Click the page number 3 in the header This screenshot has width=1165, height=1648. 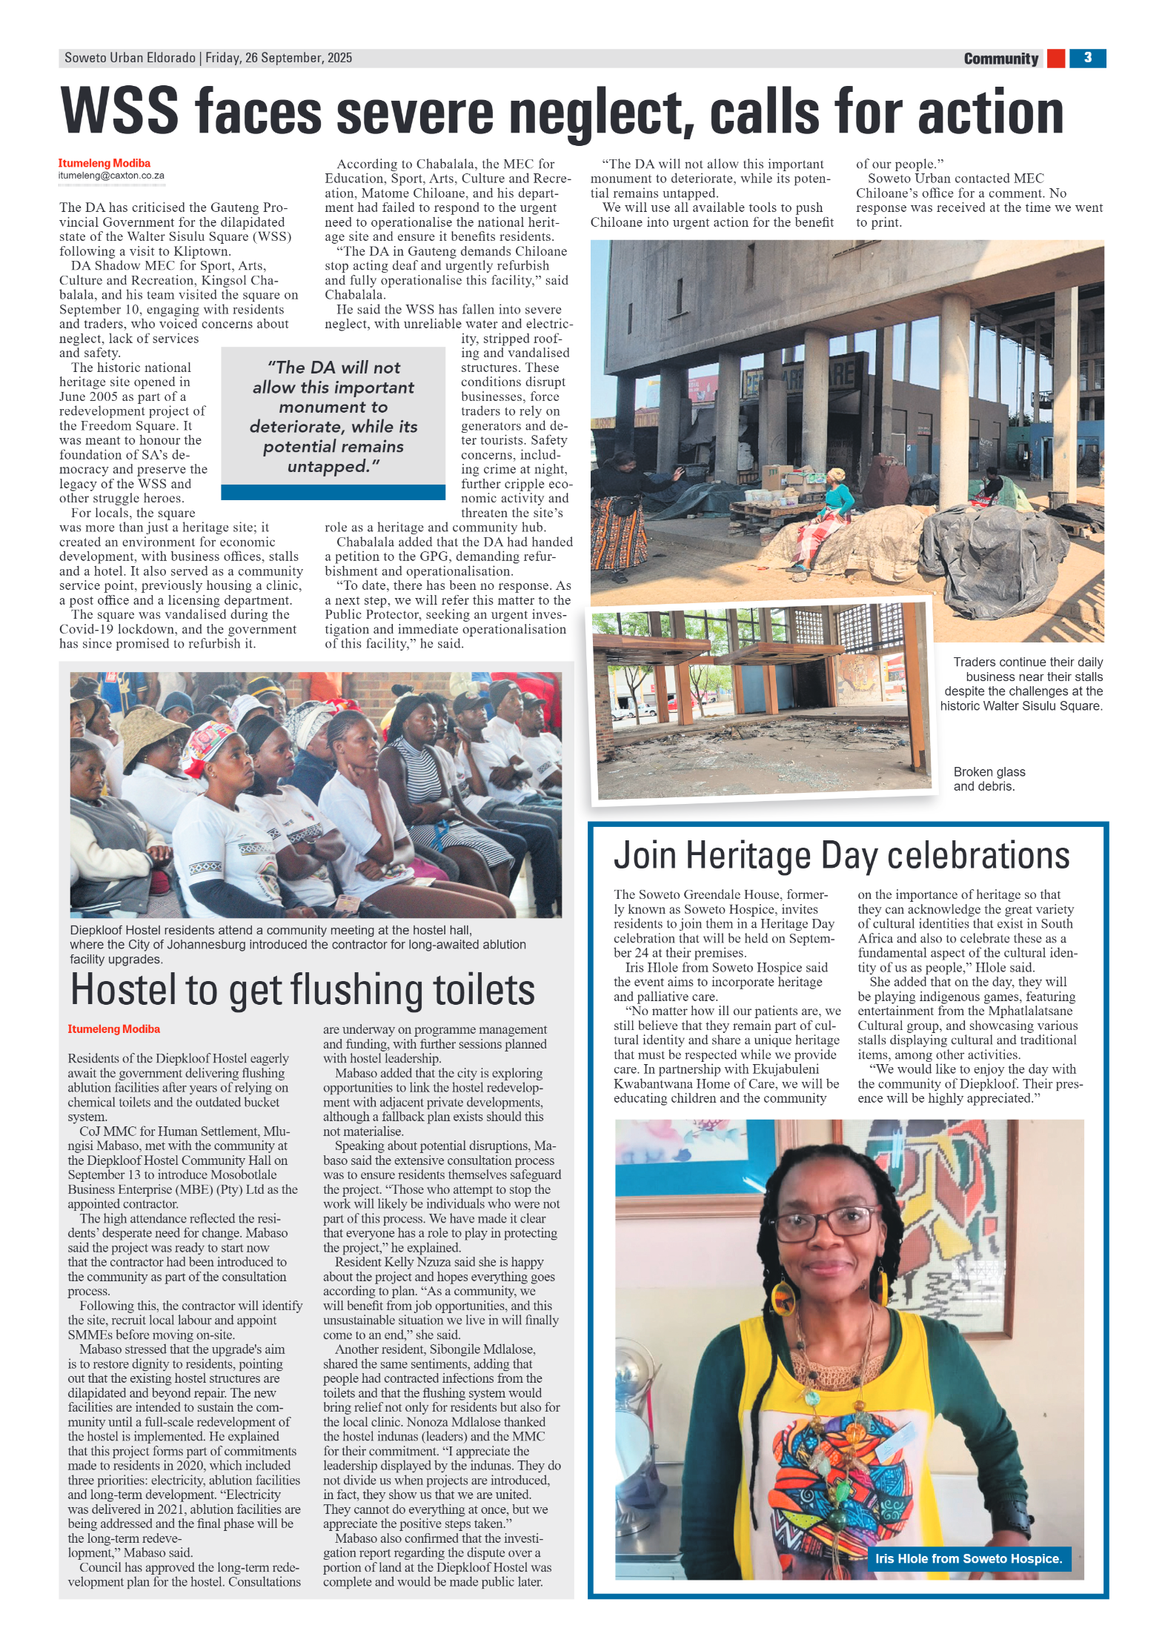tap(1086, 58)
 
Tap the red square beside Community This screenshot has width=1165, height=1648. tap(1055, 59)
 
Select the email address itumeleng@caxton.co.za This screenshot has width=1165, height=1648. tap(111, 176)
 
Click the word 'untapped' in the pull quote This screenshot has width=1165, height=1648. tap(328, 467)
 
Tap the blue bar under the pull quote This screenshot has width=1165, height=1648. tap(333, 492)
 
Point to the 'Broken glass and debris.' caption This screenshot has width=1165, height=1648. tap(989, 779)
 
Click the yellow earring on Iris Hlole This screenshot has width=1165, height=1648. tap(782, 1297)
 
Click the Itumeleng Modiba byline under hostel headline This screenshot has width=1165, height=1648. tap(113, 1029)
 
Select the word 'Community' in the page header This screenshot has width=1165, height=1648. tap(1000, 59)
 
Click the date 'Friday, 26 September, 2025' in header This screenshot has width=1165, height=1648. tap(278, 58)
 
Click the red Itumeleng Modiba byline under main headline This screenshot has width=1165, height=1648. tap(104, 163)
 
